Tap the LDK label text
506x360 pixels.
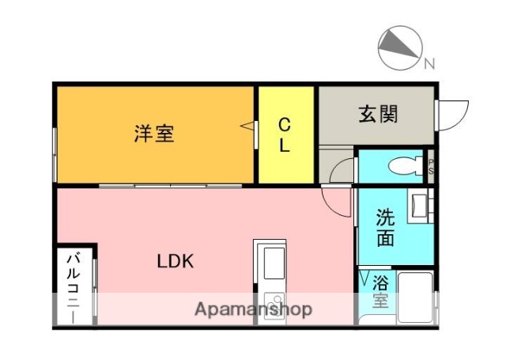[x=175, y=260]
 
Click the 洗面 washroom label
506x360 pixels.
[x=384, y=227]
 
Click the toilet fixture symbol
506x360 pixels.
[x=406, y=166]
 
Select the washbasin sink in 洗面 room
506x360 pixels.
[x=419, y=207]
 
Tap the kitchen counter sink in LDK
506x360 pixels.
[x=273, y=261]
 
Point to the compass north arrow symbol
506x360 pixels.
[x=400, y=47]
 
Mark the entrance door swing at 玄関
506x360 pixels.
[x=450, y=116]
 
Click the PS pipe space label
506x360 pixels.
[x=431, y=167]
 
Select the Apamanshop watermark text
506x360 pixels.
[x=253, y=308]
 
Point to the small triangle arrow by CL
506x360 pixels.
[x=248, y=126]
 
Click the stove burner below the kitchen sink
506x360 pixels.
[x=273, y=303]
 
